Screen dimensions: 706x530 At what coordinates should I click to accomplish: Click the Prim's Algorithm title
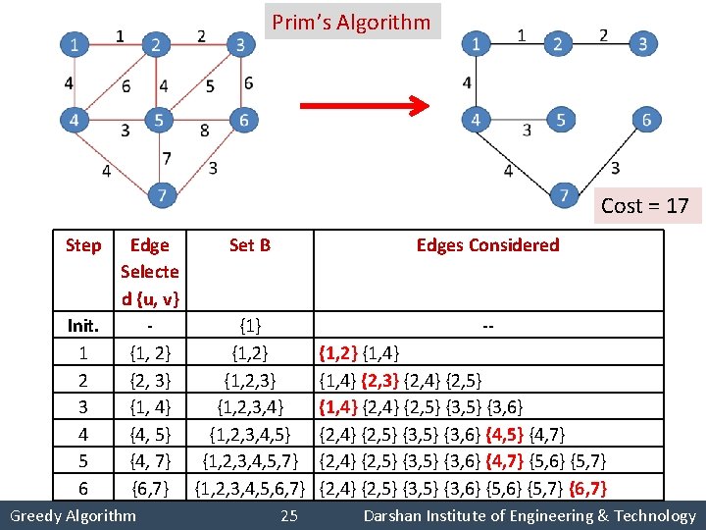tap(351, 22)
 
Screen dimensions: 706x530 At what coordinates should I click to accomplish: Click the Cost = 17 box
tap(644, 205)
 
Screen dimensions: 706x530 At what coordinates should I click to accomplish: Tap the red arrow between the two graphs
tap(364, 105)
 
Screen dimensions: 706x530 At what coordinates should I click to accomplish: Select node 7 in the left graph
tap(163, 196)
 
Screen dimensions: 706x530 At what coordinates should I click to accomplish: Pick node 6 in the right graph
tap(646, 120)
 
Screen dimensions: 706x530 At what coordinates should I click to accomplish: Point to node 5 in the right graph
tap(560, 120)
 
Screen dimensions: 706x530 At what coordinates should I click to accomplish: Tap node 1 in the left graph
tap(74, 43)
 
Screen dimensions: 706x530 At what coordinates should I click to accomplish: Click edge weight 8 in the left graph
tap(203, 130)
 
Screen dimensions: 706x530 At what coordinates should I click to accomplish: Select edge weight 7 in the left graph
tap(167, 158)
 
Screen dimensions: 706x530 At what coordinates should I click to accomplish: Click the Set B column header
tap(249, 245)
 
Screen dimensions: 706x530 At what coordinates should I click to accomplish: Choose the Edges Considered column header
tap(487, 245)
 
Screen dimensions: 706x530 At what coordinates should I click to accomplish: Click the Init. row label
tap(82, 324)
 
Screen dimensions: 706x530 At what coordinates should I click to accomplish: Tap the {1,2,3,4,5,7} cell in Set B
tap(249, 460)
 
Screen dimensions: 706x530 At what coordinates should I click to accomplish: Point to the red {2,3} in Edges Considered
tap(382, 379)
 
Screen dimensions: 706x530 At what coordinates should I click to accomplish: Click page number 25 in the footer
tap(288, 515)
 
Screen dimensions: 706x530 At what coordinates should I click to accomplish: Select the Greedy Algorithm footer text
tap(72, 515)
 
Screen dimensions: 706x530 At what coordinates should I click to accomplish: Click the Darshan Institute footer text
tap(529, 515)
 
